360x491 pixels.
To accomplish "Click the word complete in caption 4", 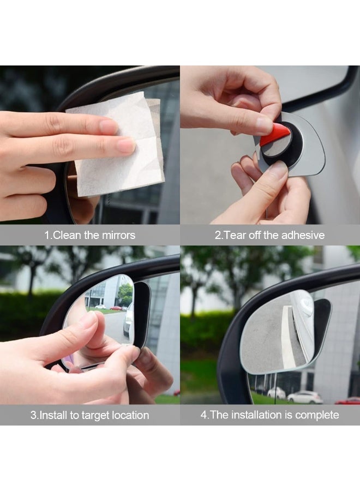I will [317, 415].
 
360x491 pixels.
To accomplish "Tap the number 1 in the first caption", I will [47, 236].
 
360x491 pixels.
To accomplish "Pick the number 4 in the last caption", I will [203, 415].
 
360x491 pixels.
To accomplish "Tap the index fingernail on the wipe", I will [125, 145].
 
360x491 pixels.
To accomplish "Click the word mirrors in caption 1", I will [118, 236].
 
